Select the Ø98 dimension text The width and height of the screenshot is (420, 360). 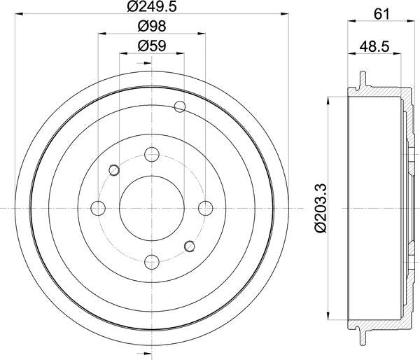tap(152, 28)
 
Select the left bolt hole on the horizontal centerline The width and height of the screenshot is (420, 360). tap(99, 208)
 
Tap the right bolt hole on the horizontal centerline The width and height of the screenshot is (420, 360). tap(205, 208)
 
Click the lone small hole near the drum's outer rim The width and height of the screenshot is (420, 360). tap(180, 106)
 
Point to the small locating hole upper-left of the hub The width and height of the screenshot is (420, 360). tap(115, 169)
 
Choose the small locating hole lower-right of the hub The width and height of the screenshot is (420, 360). tap(188, 245)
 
